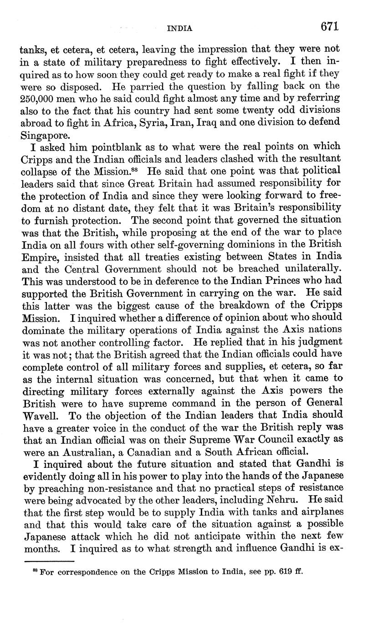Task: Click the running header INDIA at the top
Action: [180, 28]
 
